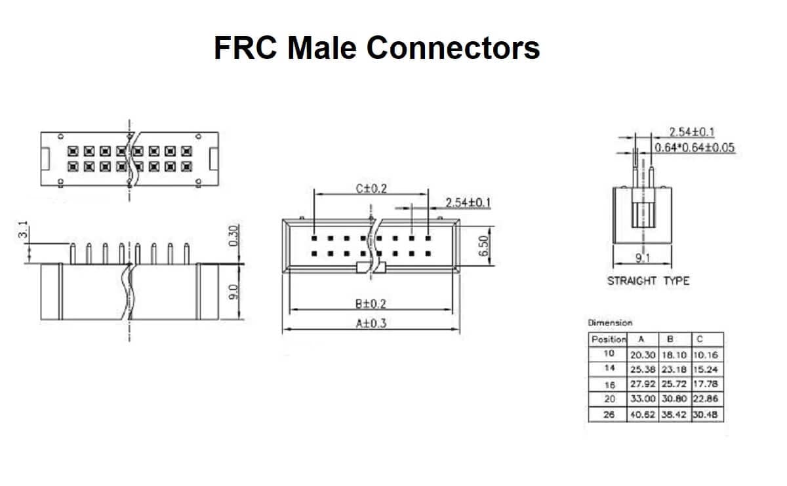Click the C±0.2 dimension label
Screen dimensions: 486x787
click(371, 189)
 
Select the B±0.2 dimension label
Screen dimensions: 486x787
click(371, 303)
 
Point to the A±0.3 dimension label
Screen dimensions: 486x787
click(371, 322)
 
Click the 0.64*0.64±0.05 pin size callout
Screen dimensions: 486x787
click(695, 147)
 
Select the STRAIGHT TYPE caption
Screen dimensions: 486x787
click(648, 281)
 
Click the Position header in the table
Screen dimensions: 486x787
click(608, 339)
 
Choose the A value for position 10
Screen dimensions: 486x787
click(643, 354)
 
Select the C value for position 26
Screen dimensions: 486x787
click(706, 414)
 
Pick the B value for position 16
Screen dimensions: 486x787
click(674, 384)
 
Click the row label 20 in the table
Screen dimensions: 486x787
click(608, 399)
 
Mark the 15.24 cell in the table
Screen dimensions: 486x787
click(706, 369)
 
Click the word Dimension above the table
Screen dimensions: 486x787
click(610, 322)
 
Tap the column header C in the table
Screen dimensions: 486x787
click(700, 339)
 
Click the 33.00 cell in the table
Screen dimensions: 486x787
click(643, 399)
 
